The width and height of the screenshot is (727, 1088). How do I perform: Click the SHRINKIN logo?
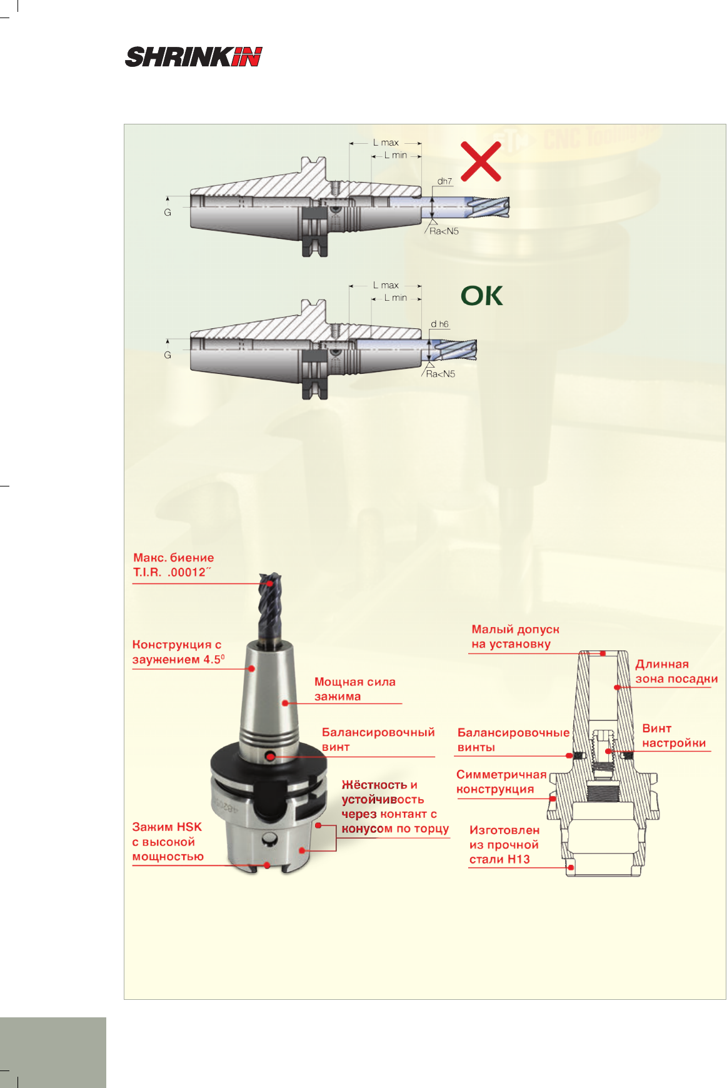pos(193,57)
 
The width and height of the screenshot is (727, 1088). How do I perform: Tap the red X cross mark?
pos(481,161)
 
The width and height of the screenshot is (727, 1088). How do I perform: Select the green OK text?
pos(481,296)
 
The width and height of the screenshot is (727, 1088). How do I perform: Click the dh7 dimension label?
pos(444,181)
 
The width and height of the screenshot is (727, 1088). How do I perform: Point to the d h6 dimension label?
pos(439,324)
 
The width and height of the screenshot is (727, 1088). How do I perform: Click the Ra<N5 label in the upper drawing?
pos(444,231)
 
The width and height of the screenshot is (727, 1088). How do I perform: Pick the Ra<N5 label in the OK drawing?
pos(441,374)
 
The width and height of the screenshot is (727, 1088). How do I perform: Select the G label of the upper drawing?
pos(168,213)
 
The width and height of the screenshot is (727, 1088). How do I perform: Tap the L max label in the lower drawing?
pos(386,285)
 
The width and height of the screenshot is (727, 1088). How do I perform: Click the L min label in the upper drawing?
pos(396,155)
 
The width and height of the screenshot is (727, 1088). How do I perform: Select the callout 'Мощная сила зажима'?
pos(355,689)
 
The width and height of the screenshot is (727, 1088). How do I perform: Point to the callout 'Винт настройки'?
pos(674,736)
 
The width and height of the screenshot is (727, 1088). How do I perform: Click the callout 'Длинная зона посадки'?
pos(676,672)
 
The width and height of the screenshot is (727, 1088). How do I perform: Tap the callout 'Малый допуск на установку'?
pos(515,637)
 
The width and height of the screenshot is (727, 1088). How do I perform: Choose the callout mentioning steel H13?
pos(504,845)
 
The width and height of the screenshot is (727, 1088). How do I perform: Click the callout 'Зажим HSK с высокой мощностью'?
pos(168,842)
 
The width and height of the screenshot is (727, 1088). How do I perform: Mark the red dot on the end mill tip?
pos(270,583)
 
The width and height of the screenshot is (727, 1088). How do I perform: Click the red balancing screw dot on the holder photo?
pos(271,757)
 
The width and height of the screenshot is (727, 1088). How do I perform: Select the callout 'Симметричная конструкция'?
pos(501,782)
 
